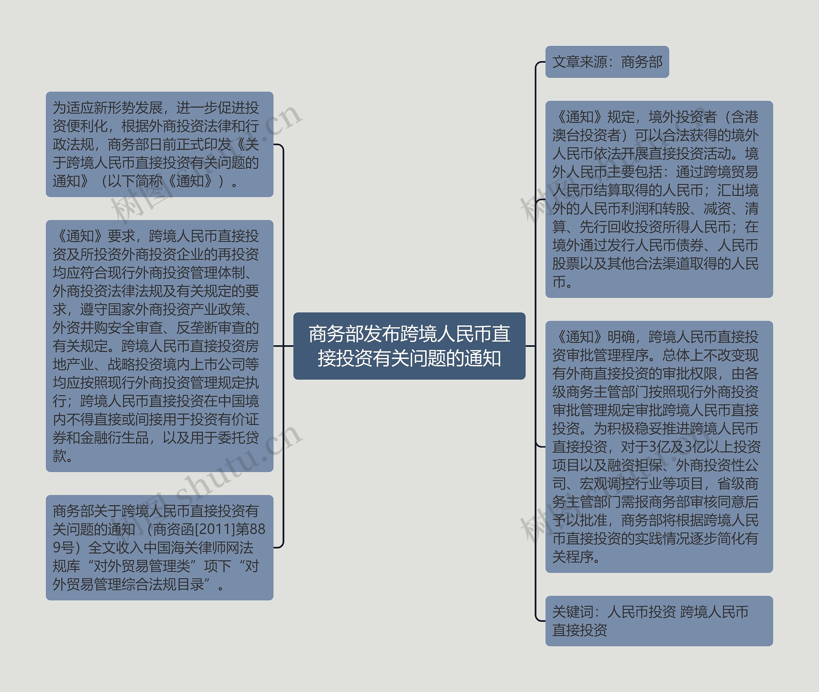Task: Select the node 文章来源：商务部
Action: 607,62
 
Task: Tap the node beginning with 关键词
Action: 659,621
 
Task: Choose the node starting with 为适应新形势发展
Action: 159,144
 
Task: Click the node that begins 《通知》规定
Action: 659,199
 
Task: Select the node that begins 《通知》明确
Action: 659,446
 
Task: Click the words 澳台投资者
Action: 586,135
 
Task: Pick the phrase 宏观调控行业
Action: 620,483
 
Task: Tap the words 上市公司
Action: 218,364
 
